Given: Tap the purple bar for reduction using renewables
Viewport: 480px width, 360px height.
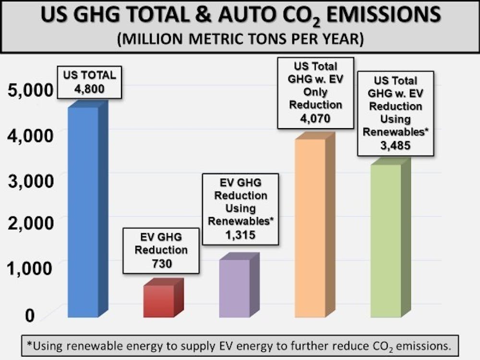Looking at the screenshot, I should [234, 288].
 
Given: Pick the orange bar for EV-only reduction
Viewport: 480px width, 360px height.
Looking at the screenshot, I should [310, 228].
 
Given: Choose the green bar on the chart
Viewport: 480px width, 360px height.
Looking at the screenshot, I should [385, 240].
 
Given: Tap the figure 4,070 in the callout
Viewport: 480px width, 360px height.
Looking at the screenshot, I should [315, 117].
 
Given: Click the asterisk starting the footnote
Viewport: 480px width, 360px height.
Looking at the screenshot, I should [29, 345].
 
